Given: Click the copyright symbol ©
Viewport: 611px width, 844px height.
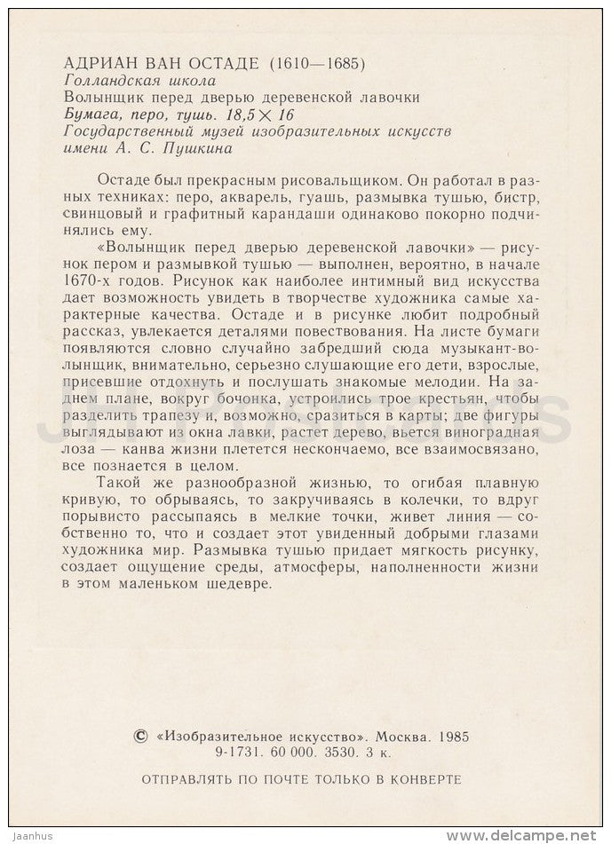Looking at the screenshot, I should [x=139, y=736].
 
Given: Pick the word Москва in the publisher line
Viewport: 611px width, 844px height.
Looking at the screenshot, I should [x=401, y=736].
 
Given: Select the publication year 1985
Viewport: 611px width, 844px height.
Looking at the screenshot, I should [x=452, y=736].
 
